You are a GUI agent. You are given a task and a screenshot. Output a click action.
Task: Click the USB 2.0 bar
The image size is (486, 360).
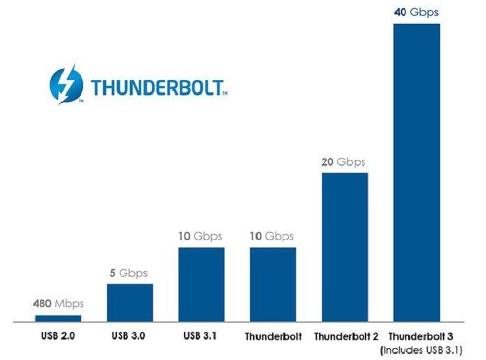[58, 319]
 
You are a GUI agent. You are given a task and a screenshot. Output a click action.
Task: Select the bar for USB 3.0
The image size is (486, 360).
[129, 303]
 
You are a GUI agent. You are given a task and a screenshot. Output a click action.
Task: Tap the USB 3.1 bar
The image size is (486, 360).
[201, 284]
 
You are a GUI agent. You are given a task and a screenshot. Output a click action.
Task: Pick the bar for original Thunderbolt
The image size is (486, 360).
[273, 284]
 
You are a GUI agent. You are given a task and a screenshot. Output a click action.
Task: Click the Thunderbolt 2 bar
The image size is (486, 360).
[344, 247]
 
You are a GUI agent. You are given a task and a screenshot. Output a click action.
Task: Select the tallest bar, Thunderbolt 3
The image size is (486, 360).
[416, 173]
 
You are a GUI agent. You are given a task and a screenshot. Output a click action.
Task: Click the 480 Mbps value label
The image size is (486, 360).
[58, 303]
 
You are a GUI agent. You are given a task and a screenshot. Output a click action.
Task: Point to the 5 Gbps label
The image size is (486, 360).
[128, 273]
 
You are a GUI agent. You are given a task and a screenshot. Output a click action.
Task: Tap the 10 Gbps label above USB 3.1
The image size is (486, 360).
[200, 237]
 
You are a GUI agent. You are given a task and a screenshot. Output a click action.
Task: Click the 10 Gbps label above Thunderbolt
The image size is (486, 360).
[272, 237]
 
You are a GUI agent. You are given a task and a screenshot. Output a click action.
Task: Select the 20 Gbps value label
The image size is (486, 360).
[343, 162]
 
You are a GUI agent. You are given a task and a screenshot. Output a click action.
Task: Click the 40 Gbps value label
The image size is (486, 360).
[415, 12]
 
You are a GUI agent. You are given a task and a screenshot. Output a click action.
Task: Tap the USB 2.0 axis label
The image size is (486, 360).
[58, 337]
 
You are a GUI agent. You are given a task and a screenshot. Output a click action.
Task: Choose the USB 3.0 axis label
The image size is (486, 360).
[129, 337]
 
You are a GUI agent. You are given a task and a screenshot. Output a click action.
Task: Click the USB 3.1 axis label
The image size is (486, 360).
[201, 337]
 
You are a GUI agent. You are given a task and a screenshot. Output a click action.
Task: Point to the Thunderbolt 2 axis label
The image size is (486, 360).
[346, 337]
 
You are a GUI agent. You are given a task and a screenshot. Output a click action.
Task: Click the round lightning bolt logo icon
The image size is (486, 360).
[67, 84]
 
